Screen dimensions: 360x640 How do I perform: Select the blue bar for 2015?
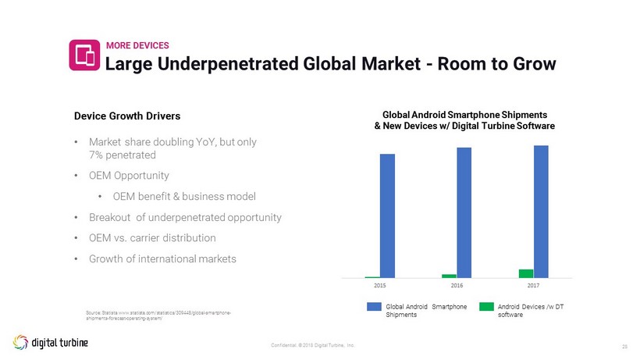coord(387,216)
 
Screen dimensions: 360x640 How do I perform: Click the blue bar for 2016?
coord(464,212)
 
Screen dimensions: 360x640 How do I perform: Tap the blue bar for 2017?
coord(541,211)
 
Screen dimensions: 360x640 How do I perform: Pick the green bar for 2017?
coord(526,273)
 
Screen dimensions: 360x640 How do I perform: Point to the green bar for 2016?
coord(449,276)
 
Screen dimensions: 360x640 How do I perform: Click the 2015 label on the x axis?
coord(380,286)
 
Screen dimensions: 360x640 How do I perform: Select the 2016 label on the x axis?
coord(457,286)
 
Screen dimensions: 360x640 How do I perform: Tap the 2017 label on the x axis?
coord(534,286)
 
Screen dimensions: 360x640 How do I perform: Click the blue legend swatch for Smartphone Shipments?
coord(374,307)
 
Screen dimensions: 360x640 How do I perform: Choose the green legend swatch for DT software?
coord(486,307)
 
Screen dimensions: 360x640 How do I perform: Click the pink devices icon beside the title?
coord(84,55)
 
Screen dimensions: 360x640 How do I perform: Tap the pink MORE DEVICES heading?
coord(137,45)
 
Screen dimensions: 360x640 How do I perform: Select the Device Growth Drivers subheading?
coord(127,116)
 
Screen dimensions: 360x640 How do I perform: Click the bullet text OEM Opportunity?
coord(129,176)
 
